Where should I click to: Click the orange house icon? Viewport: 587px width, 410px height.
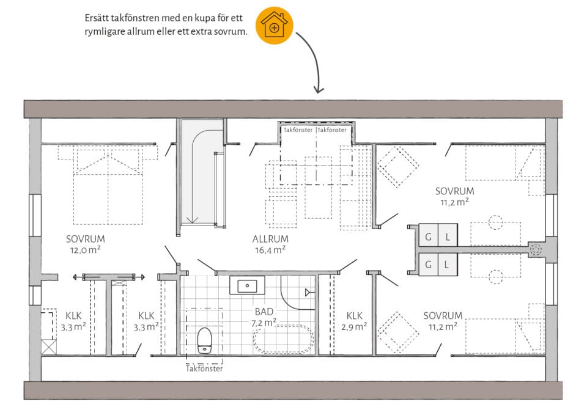click(275, 25)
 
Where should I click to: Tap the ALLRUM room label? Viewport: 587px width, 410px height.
click(270, 239)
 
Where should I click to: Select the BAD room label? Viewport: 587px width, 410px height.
click(264, 311)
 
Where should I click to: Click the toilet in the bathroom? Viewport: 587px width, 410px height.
click(204, 340)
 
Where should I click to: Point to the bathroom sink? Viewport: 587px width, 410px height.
click(247, 286)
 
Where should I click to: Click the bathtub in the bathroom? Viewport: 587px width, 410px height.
click(283, 340)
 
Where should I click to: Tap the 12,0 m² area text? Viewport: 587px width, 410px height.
click(85, 250)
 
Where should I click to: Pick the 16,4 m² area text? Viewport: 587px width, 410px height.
click(270, 250)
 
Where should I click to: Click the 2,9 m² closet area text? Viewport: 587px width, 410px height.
click(354, 327)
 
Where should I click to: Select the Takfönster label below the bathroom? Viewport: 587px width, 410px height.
click(204, 369)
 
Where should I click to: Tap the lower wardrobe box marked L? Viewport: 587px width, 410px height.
click(448, 265)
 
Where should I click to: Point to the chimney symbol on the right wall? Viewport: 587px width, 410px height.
click(536, 249)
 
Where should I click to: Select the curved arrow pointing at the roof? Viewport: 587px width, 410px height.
click(311, 62)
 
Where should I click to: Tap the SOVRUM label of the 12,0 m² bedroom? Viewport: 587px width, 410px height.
click(86, 239)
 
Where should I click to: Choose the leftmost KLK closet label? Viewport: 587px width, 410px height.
click(73, 315)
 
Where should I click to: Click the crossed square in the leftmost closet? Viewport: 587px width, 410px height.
click(49, 347)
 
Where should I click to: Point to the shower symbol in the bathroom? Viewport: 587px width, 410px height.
click(308, 293)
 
